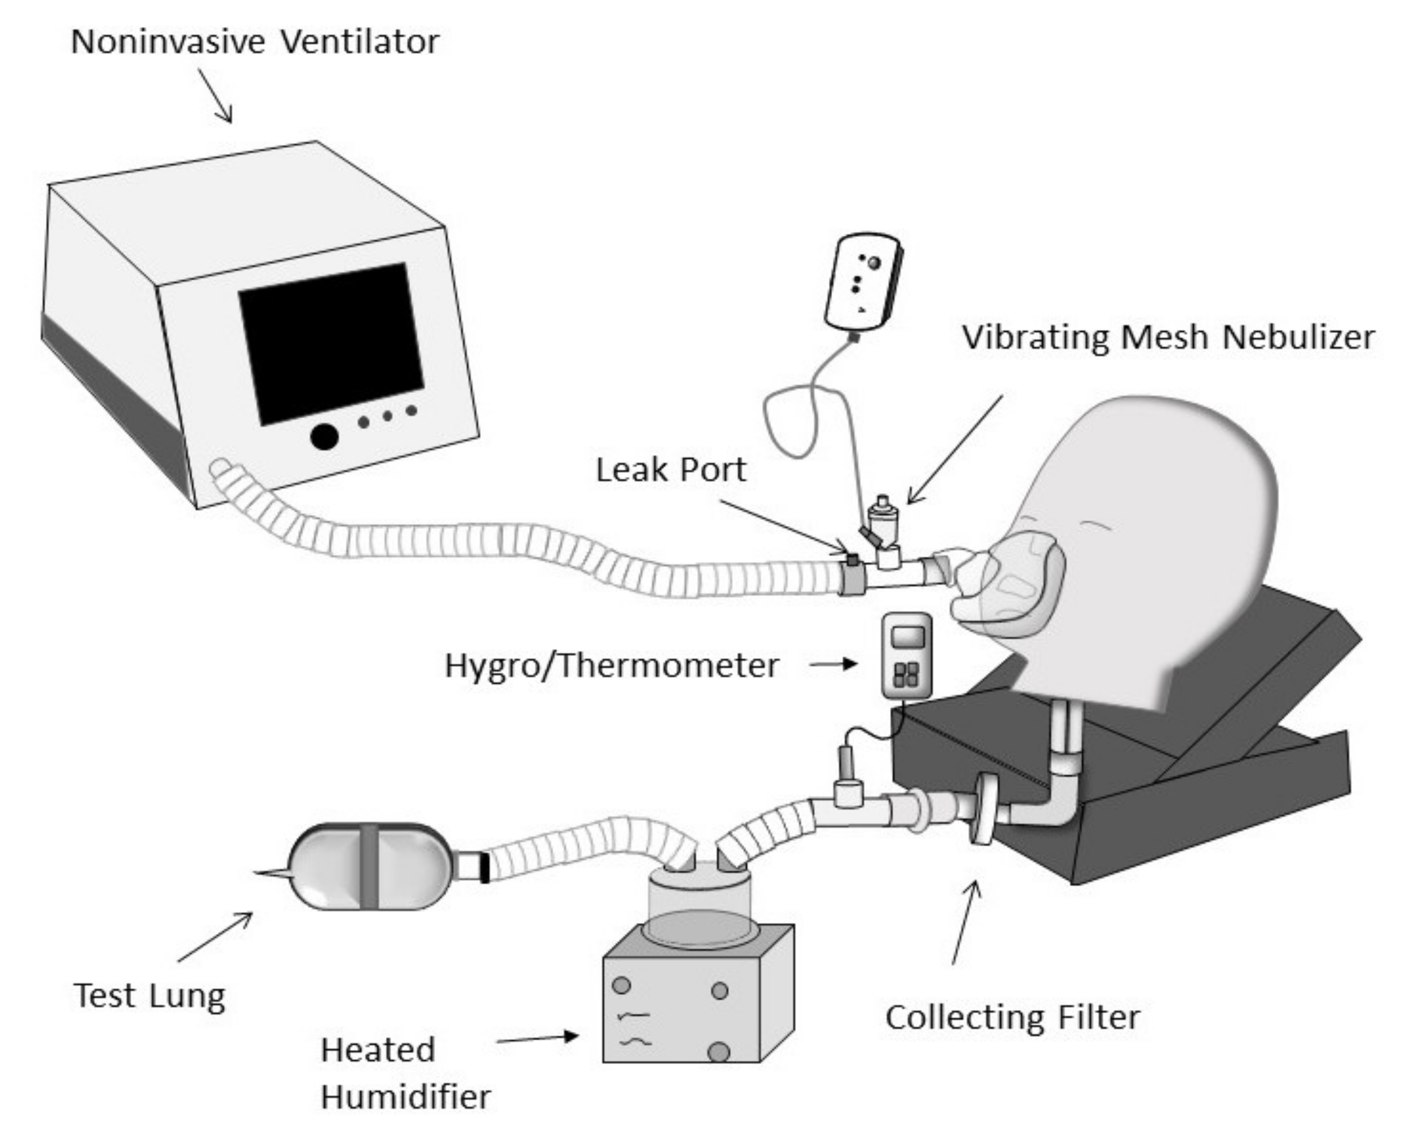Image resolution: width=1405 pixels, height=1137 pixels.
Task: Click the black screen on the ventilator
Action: (331, 344)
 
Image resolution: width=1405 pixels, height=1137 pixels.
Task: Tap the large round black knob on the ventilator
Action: (324, 436)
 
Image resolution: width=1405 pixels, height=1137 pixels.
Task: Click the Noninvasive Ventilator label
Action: (255, 42)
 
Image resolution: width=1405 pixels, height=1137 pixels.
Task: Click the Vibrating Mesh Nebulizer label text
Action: (1167, 338)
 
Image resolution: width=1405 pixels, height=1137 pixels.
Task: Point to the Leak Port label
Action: (671, 470)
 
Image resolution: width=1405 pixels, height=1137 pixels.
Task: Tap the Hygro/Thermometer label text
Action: (612, 665)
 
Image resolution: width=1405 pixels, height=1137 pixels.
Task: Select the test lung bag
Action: (370, 866)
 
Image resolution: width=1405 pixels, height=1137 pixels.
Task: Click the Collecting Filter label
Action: (1013, 1018)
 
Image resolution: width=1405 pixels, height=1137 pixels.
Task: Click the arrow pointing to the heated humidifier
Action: (537, 1038)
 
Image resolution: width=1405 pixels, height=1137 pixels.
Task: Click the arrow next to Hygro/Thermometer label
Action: (833, 664)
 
